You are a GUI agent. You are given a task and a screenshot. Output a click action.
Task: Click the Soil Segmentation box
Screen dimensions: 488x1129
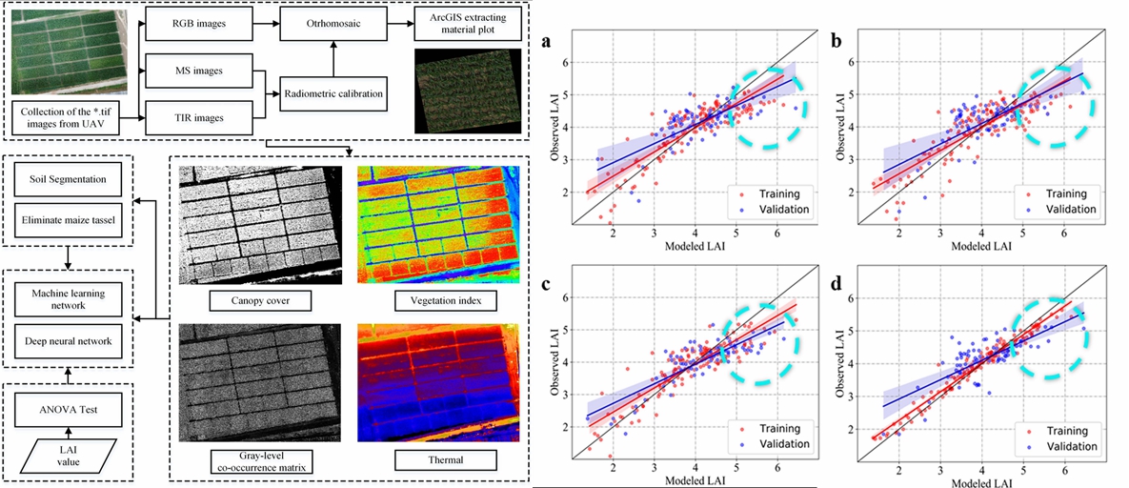coord(68,178)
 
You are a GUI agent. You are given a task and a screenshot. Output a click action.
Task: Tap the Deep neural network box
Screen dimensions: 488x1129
coord(68,340)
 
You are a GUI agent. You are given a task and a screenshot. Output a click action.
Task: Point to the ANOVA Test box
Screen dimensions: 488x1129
coord(68,413)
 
